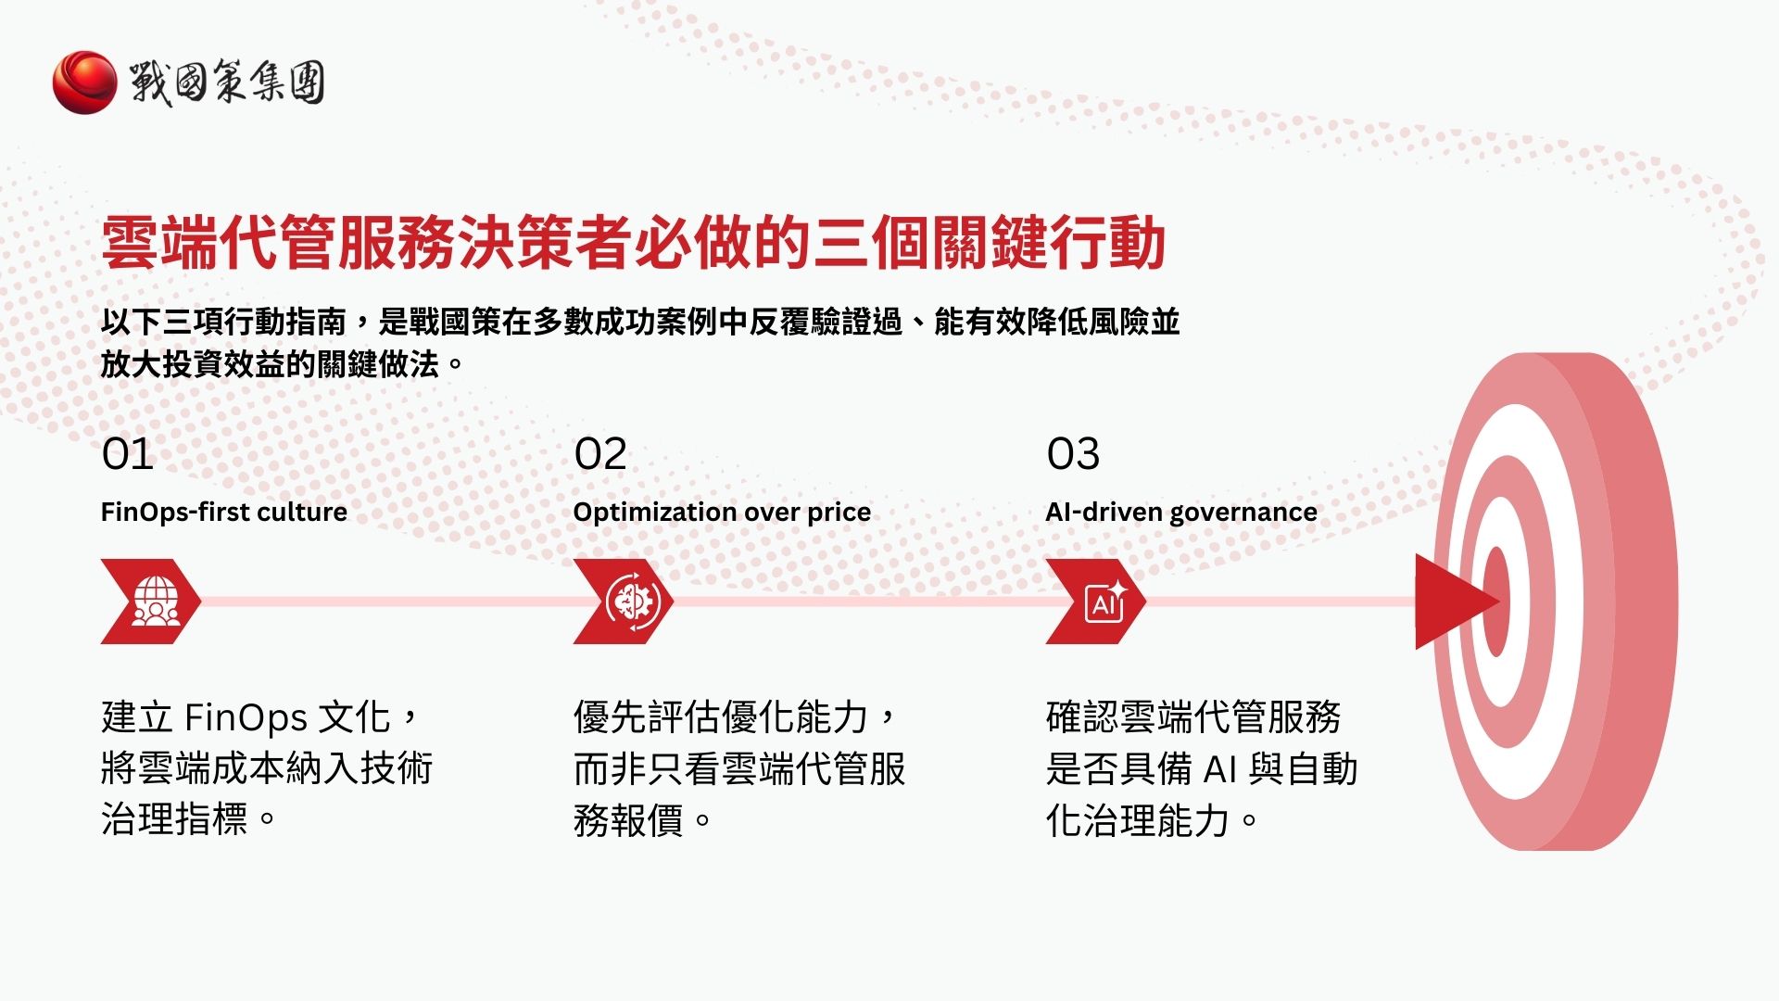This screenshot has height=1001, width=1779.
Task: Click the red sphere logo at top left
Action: [84, 82]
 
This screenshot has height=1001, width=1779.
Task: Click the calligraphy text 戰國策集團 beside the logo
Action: [227, 82]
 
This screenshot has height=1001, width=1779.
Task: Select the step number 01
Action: [127, 454]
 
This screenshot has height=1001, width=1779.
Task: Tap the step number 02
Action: [600, 454]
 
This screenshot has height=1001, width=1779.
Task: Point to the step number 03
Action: [1073, 454]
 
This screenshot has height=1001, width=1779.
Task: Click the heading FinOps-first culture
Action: [223, 512]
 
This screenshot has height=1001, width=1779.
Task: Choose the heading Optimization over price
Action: [722, 512]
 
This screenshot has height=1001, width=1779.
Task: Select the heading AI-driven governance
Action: [1180, 512]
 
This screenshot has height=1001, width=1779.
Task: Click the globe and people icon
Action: [154, 602]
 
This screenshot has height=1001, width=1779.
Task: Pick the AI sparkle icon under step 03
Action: [1105, 602]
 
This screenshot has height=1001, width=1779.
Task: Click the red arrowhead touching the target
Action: [1450, 602]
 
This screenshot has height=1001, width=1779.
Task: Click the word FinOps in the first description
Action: [246, 717]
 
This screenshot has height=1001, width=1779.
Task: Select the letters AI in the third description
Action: [1220, 769]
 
